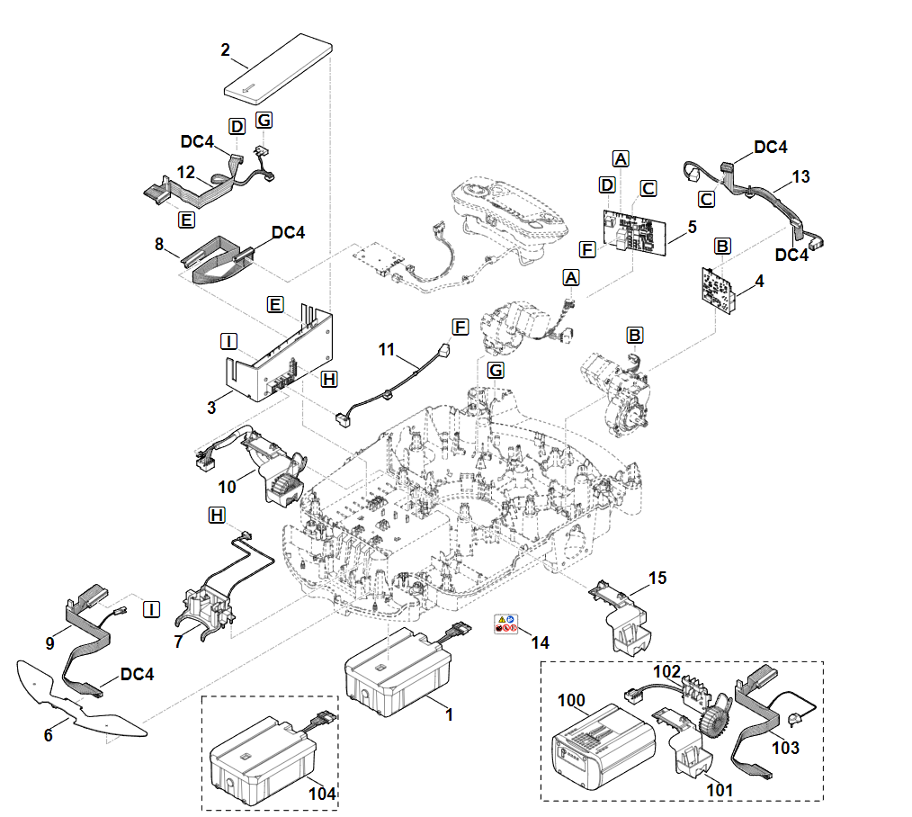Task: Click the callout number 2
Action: (225, 50)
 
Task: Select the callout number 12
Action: (186, 172)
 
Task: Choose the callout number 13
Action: (800, 176)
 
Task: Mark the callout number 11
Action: (386, 350)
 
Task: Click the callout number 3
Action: (212, 408)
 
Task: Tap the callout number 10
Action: (227, 487)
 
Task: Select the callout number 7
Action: (178, 642)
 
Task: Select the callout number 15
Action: (657, 578)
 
